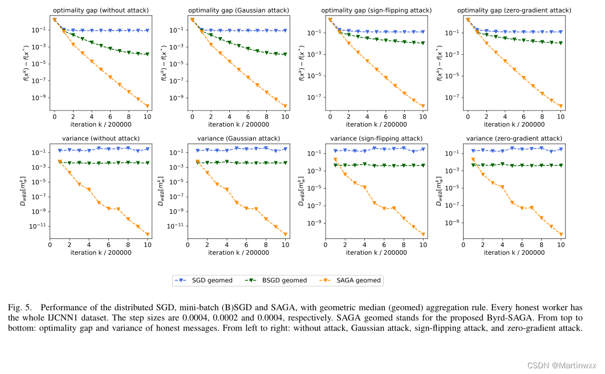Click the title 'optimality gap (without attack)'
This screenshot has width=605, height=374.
click(101, 10)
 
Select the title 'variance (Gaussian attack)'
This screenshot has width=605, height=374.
click(239, 139)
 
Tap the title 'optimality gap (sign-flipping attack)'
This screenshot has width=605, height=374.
click(377, 10)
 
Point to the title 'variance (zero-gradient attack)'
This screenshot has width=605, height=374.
click(514, 139)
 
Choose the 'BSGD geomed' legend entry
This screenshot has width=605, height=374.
click(278, 280)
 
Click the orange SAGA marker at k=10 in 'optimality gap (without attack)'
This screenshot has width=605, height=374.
click(148, 106)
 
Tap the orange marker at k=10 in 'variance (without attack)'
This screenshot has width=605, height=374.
click(148, 234)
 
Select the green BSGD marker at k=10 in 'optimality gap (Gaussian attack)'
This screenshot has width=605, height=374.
click(286, 55)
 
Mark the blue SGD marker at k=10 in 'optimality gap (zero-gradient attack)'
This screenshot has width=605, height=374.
click(561, 32)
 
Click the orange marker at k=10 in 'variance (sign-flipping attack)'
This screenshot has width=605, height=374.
click(423, 234)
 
